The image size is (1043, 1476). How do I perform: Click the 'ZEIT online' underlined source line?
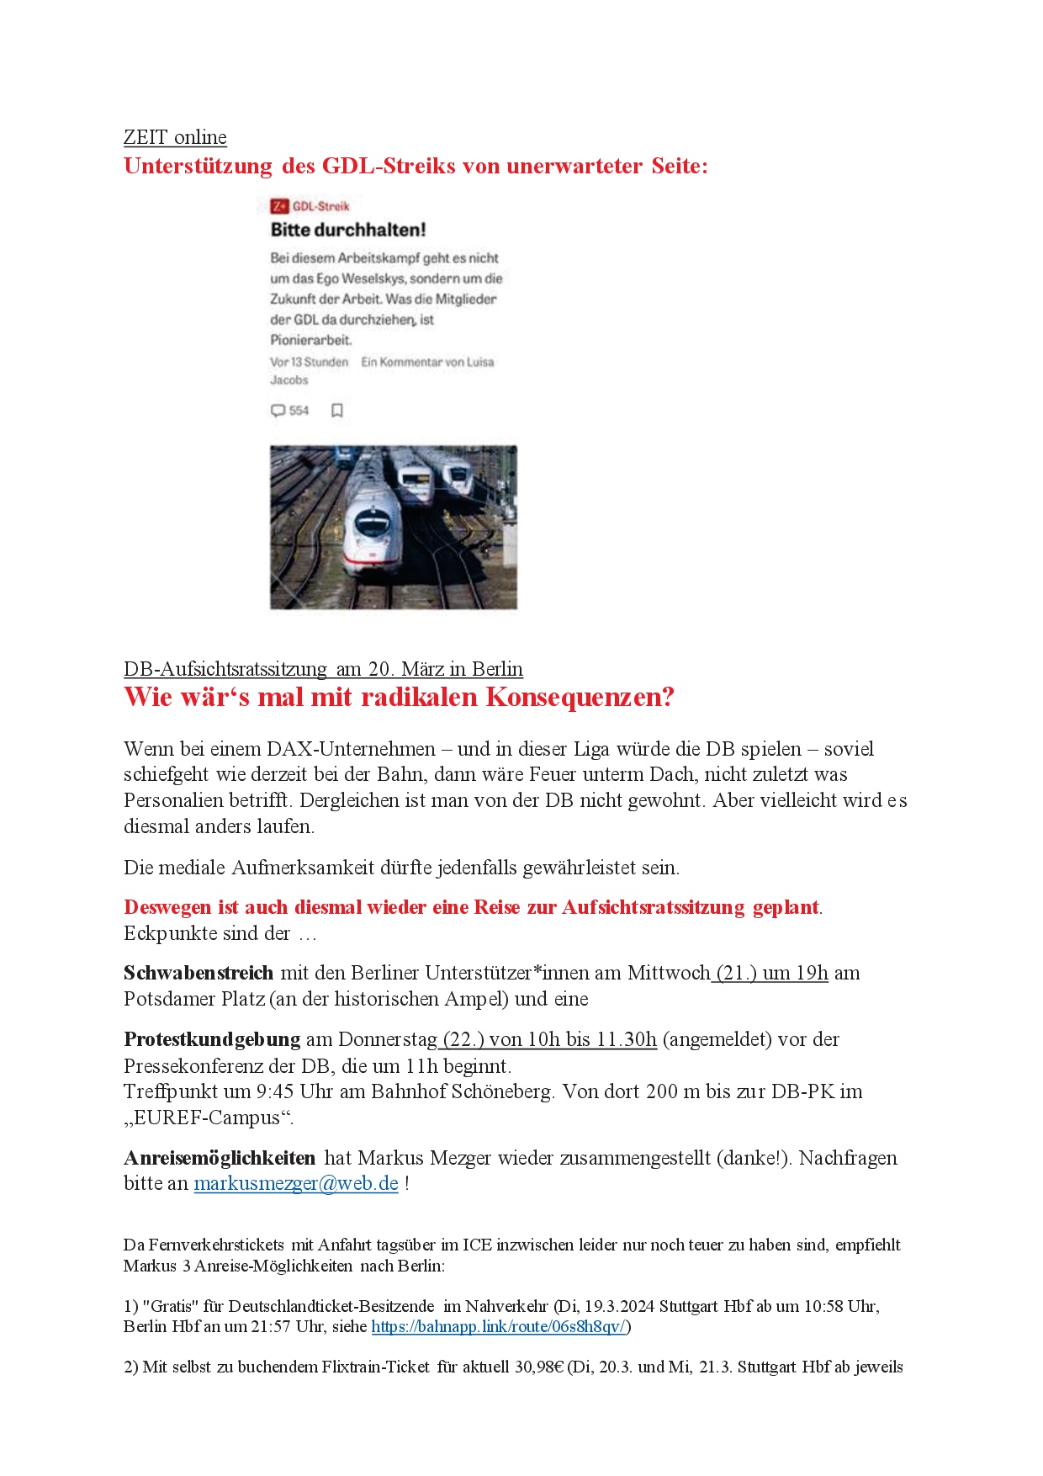tap(175, 137)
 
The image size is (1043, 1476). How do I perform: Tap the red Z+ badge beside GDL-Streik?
tap(279, 206)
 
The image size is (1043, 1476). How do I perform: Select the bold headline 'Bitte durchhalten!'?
tap(348, 230)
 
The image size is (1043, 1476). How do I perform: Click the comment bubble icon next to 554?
tap(278, 411)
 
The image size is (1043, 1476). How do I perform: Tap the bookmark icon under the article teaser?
tap(337, 411)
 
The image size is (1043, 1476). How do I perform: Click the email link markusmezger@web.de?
tap(296, 1183)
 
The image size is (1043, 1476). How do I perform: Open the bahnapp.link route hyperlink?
tap(499, 1326)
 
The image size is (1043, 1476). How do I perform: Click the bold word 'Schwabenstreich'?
tap(199, 973)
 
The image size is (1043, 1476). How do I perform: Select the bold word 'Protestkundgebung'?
tap(212, 1039)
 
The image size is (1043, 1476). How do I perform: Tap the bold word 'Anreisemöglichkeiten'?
tap(220, 1158)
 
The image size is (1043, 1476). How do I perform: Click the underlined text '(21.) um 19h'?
tap(771, 973)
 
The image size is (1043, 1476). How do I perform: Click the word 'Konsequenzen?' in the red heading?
tap(580, 698)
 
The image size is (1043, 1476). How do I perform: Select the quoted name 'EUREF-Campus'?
tap(208, 1118)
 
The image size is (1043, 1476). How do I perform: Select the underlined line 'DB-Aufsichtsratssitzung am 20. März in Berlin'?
tap(323, 669)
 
